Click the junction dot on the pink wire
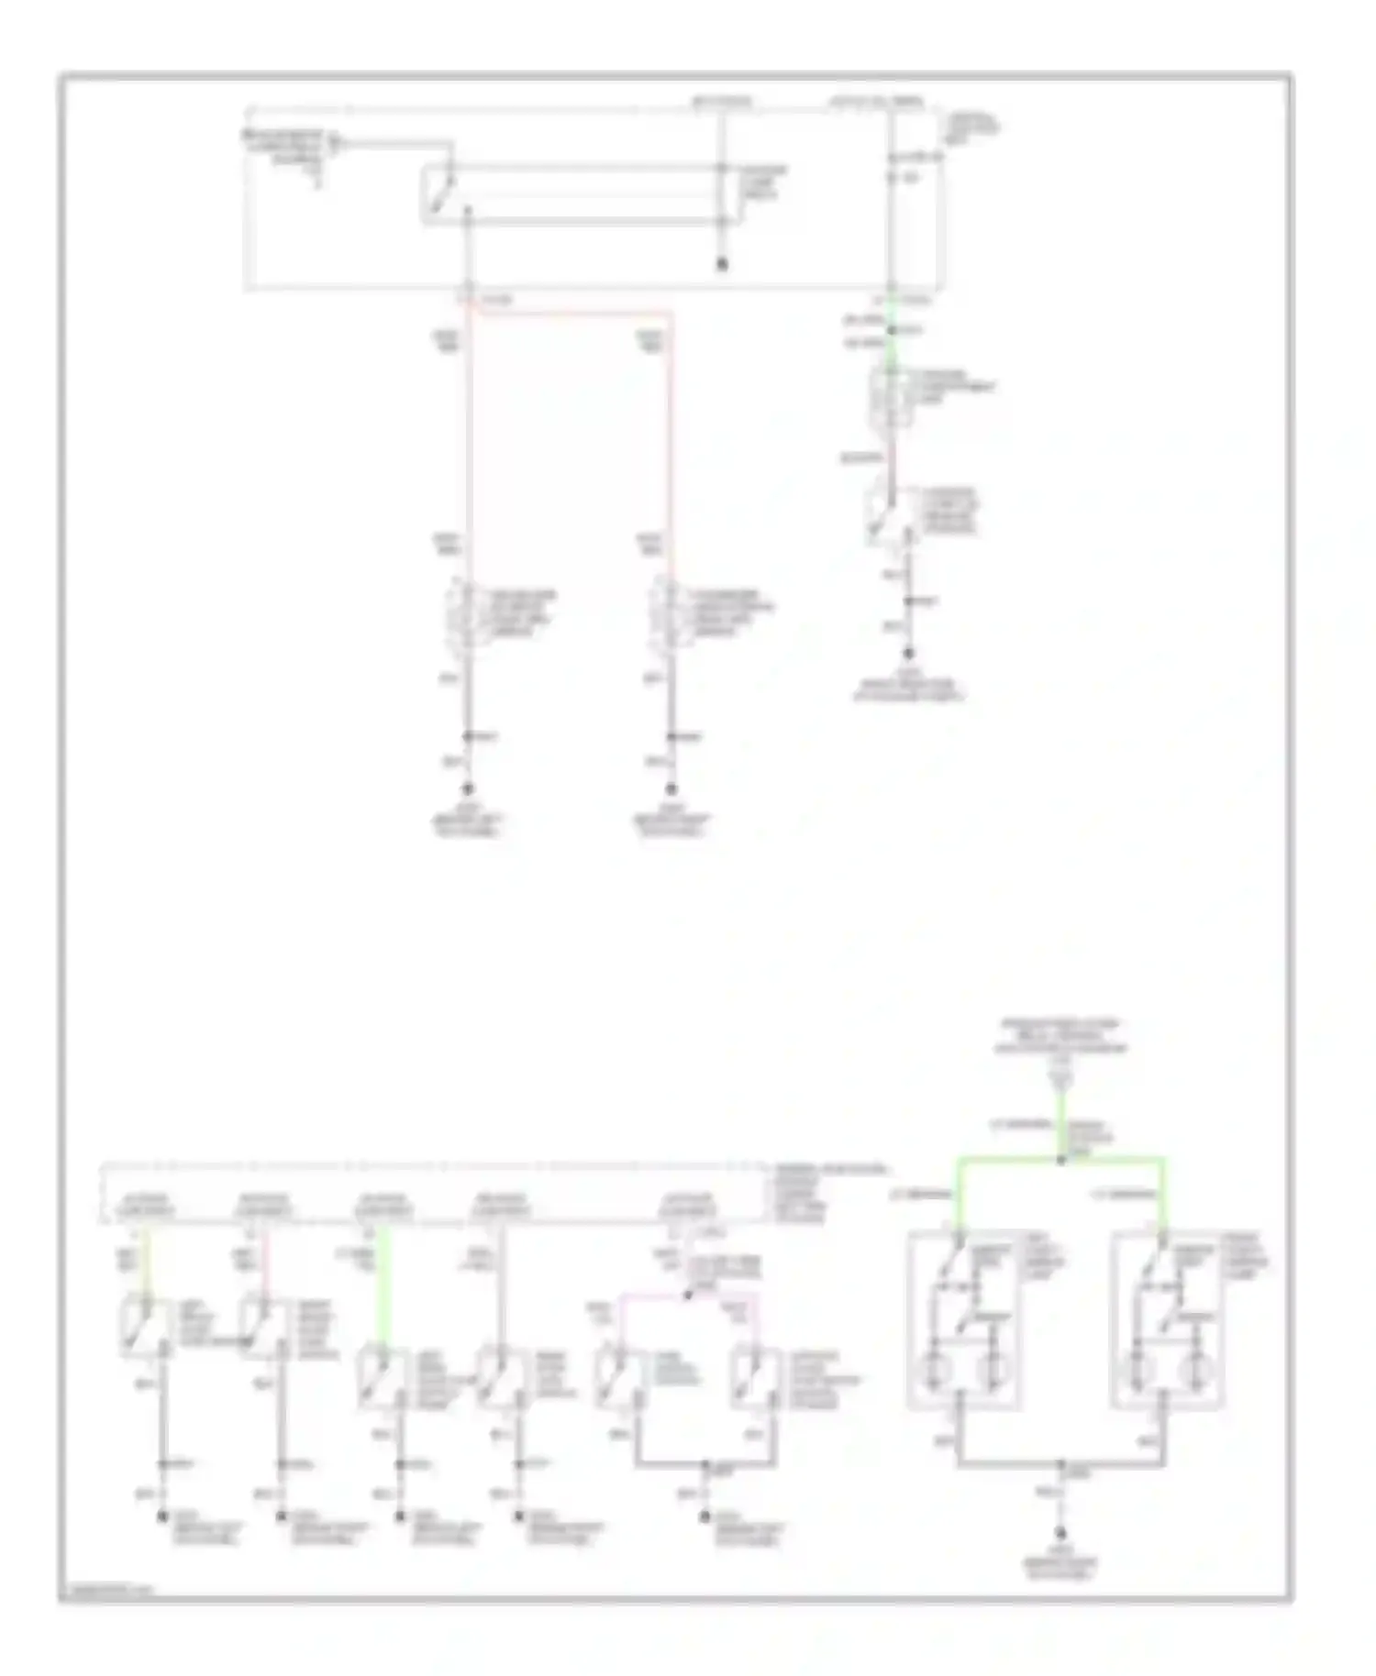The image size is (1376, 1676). click(x=688, y=1296)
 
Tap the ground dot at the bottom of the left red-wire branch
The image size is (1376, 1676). click(x=468, y=789)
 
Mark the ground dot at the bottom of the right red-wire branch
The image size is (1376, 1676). click(x=671, y=789)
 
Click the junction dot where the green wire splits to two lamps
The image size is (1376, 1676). click(x=1061, y=1159)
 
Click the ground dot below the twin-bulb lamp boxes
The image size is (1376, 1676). click(x=1061, y=1533)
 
